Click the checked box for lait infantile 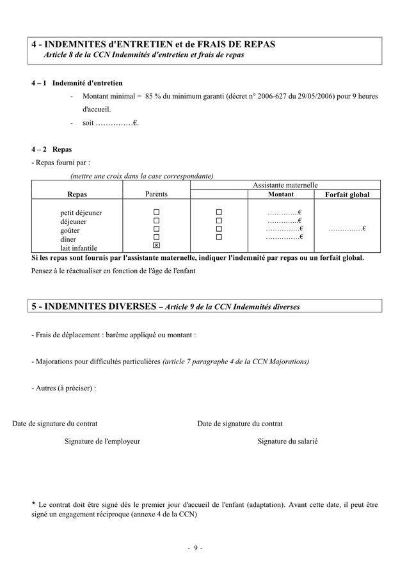pyautogui.click(x=156, y=246)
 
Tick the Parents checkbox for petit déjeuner pyautogui.click(x=156, y=212)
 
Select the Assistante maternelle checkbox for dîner pyautogui.click(x=219, y=237)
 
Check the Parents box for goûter pyautogui.click(x=156, y=229)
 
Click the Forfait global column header pyautogui.click(x=347, y=195)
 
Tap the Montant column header pyautogui.click(x=281, y=194)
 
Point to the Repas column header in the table pyautogui.click(x=77, y=194)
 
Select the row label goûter pyautogui.click(x=70, y=230)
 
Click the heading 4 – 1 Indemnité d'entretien pyautogui.click(x=77, y=83)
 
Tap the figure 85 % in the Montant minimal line pyautogui.click(x=154, y=97)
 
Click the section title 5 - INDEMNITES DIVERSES pyautogui.click(x=93, y=306)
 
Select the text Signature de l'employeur pyautogui.click(x=102, y=441)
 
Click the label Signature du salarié pyautogui.click(x=287, y=441)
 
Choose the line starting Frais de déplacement pyautogui.click(x=113, y=335)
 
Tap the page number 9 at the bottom pyautogui.click(x=195, y=548)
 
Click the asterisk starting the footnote pyautogui.click(x=33, y=504)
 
